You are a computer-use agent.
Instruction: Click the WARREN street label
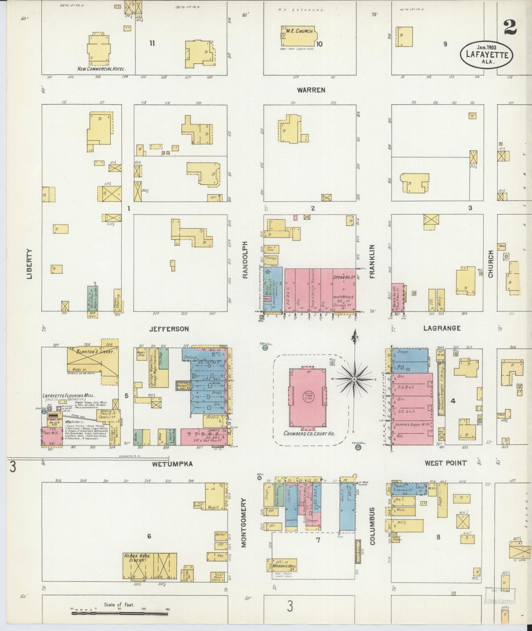pos(311,90)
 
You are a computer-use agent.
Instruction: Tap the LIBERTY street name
pos(30,263)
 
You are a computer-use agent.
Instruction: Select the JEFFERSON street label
pos(169,329)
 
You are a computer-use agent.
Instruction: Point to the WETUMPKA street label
pos(173,464)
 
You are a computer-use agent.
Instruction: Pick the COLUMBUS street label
pos(372,526)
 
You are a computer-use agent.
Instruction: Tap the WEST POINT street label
pos(445,463)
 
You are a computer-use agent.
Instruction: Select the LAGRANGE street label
pos(441,328)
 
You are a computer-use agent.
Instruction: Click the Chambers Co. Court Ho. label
pos(309,433)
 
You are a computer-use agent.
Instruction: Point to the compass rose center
pos(354,379)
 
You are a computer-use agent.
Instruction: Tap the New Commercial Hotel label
pos(102,69)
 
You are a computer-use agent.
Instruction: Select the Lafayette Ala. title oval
pos(487,55)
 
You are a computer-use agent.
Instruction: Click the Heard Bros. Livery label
pos(135,558)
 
